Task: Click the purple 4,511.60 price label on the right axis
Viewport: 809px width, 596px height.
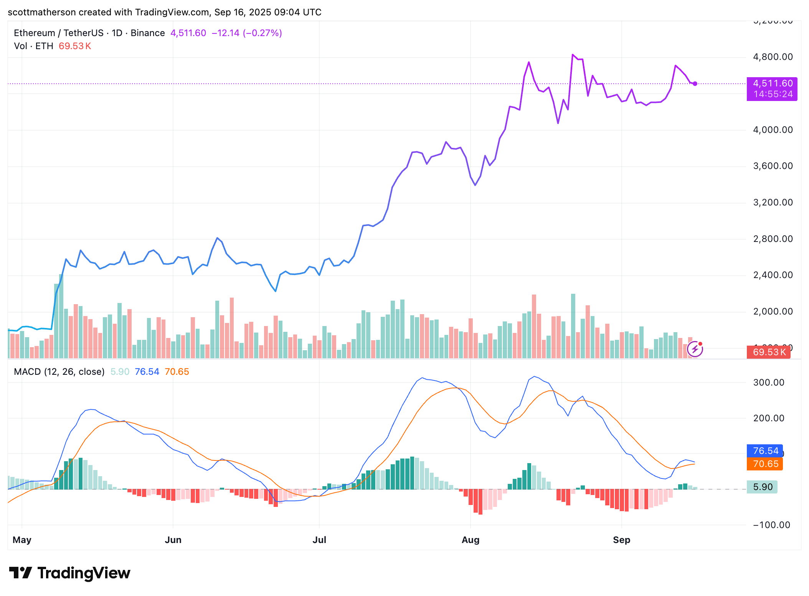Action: (772, 84)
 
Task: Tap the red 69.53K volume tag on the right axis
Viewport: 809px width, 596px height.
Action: (768, 352)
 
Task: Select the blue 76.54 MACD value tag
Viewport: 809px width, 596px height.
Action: (765, 451)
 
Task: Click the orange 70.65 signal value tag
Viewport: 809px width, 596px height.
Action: (765, 464)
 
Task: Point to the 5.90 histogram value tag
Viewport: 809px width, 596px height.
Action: (762, 487)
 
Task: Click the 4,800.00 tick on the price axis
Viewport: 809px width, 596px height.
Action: (773, 57)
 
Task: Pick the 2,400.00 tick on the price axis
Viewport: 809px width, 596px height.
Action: (773, 275)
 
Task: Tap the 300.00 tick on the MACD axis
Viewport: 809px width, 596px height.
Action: (768, 382)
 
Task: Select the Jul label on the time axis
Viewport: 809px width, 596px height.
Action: (319, 540)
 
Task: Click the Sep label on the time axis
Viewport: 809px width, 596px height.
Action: (621, 540)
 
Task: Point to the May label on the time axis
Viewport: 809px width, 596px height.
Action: (22, 540)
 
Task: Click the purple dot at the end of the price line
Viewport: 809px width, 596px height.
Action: (695, 84)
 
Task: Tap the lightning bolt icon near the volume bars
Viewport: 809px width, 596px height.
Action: (695, 349)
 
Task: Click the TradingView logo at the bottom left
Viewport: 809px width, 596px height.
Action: (70, 573)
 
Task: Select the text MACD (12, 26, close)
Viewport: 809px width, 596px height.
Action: (59, 372)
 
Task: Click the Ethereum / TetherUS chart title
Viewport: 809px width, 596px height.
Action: (58, 33)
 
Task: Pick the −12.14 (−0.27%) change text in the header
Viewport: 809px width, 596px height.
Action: (247, 33)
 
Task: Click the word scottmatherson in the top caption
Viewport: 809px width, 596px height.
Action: (42, 12)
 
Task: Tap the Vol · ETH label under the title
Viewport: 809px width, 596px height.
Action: (33, 46)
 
